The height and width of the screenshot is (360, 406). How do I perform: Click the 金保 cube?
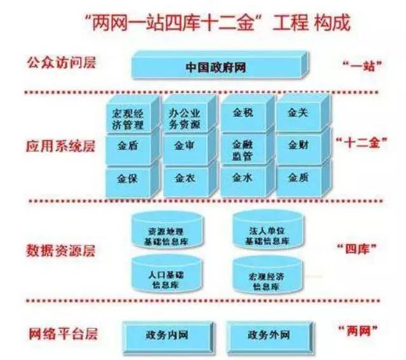pyautogui.click(x=127, y=178)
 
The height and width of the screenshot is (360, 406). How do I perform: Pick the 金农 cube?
pyautogui.click(x=185, y=178)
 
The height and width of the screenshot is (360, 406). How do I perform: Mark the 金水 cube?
pyautogui.click(x=243, y=178)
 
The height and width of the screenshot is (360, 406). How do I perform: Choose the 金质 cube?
pyautogui.click(x=297, y=178)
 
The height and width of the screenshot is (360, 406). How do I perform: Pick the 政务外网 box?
pyautogui.click(x=267, y=333)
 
